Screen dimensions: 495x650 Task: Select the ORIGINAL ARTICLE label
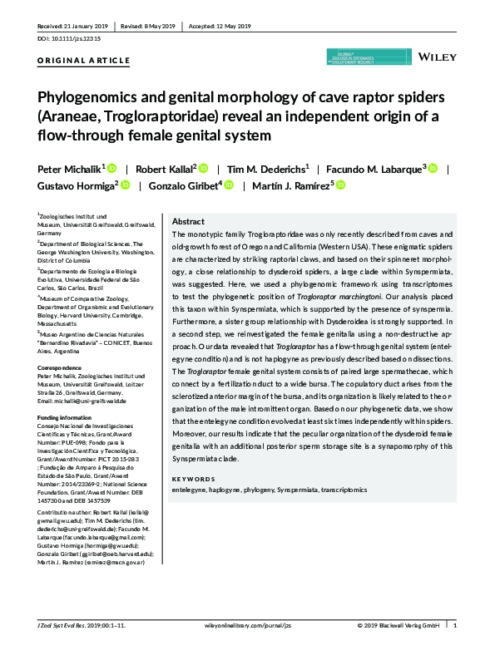tap(84, 61)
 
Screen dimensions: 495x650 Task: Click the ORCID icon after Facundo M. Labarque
tap(433, 168)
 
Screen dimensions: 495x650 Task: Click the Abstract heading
tap(188, 222)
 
